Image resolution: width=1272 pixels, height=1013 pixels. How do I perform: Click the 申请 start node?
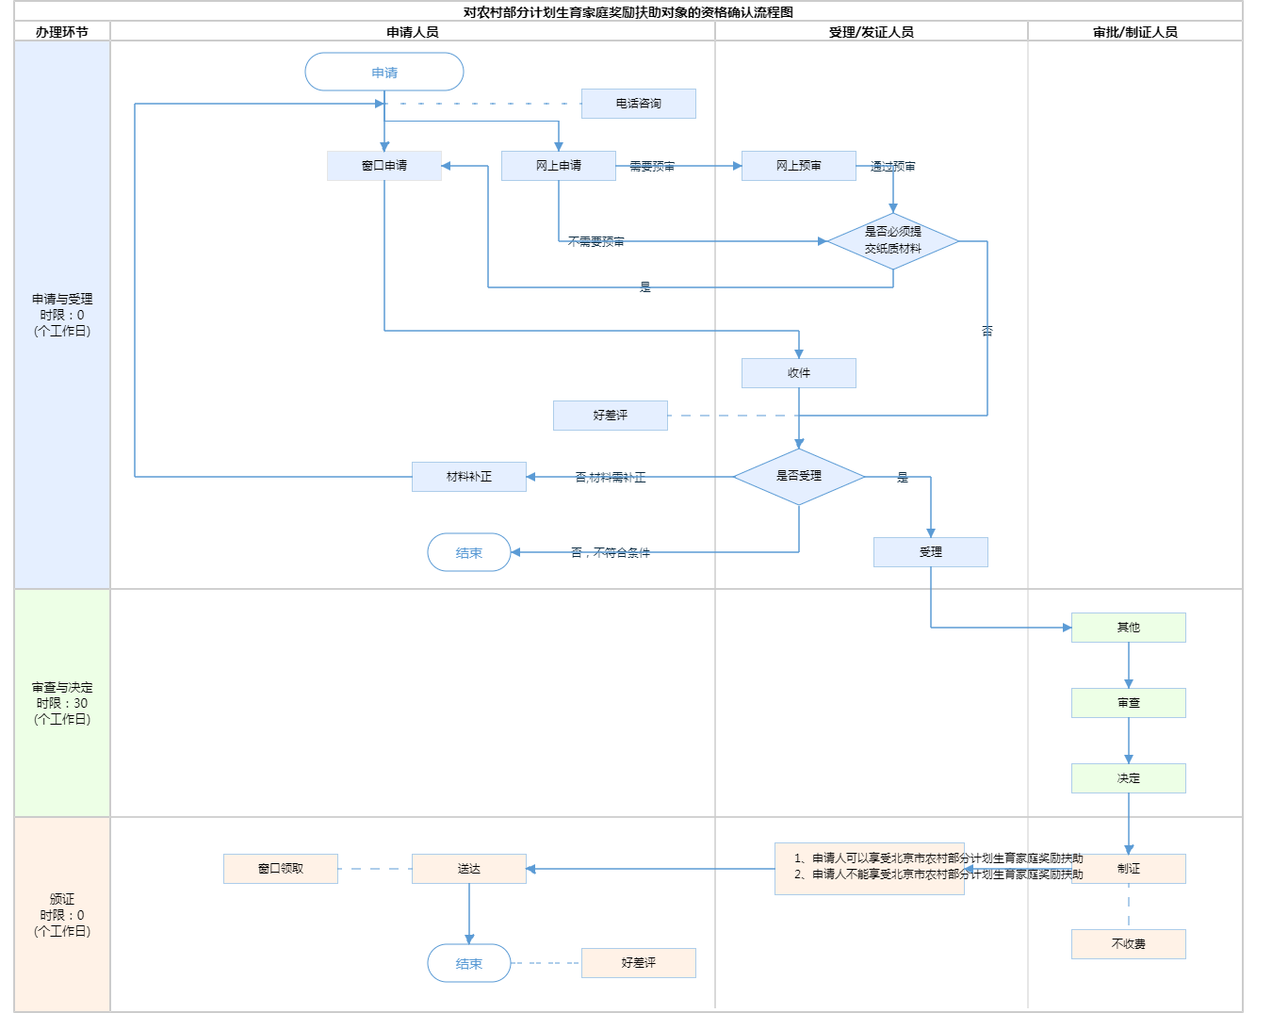384,73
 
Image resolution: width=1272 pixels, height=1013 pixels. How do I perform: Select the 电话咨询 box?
639,104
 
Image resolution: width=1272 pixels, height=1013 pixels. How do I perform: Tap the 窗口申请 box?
384,166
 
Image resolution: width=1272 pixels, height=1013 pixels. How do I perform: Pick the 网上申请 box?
559,166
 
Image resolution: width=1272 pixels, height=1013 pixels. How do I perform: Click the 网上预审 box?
799,166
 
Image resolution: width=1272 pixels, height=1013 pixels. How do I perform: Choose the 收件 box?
799,373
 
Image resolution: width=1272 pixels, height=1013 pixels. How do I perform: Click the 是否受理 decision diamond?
799,477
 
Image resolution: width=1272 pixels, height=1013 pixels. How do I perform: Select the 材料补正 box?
469,477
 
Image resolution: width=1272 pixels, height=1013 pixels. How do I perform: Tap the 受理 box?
931,552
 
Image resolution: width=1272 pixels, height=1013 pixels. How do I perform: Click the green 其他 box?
1129,628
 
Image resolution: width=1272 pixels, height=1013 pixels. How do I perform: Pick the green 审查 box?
1129,703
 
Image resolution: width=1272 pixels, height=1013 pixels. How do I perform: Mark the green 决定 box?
1129,778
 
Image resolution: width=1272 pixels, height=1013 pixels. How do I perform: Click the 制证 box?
1129,869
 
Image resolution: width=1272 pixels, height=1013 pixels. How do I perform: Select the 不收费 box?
1129,944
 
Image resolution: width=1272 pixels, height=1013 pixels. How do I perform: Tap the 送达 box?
469,869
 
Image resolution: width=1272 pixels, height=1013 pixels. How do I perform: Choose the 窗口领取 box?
281,869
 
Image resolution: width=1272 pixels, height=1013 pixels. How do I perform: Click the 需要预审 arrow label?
652,167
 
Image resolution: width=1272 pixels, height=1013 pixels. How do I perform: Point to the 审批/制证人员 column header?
1135,32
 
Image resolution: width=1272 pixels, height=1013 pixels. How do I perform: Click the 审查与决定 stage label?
62,703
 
